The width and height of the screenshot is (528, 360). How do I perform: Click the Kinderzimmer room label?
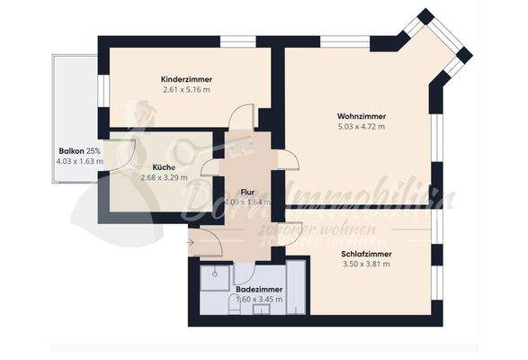[x=187, y=78]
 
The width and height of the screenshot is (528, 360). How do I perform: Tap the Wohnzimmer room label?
[x=361, y=116]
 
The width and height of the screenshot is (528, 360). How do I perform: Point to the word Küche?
[x=164, y=166]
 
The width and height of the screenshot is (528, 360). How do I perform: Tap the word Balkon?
[x=72, y=151]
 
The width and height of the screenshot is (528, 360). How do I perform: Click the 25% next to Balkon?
[x=95, y=151]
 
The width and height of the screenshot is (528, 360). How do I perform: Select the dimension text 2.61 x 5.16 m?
[x=187, y=90]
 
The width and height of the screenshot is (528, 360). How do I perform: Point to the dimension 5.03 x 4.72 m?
[x=361, y=127]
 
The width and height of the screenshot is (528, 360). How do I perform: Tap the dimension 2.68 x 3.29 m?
[x=164, y=177]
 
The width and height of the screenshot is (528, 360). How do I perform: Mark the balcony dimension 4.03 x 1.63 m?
[x=79, y=162]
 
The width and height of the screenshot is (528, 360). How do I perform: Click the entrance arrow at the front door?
[x=190, y=241]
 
